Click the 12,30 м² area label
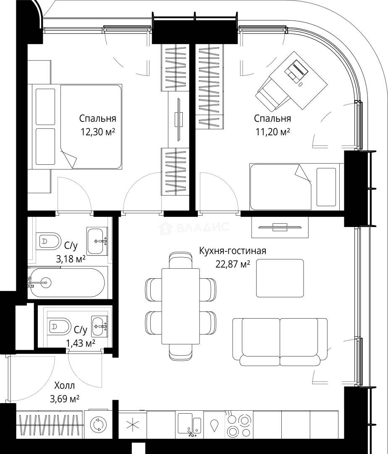[98, 132]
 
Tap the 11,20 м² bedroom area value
[273, 132]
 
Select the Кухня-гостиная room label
[233, 251]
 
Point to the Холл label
[65, 385]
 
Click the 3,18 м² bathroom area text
[71, 259]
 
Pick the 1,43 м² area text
[81, 343]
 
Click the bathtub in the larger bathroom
[68, 282]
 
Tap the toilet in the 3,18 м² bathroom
[49, 241]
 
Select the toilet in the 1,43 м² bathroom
[60, 327]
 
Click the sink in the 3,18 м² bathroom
[97, 241]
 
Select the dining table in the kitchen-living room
[181, 306]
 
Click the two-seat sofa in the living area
[280, 342]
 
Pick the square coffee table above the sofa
[280, 278]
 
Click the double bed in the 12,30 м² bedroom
[76, 127]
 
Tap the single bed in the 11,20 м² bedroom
[295, 187]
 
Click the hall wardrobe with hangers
[50, 425]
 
